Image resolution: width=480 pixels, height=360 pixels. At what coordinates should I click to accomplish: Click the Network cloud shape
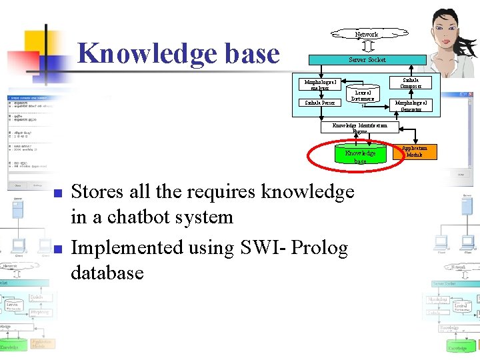[x=367, y=34]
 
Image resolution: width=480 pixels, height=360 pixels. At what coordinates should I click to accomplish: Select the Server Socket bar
[x=367, y=59]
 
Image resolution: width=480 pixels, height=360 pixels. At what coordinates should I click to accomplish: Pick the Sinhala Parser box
[x=320, y=103]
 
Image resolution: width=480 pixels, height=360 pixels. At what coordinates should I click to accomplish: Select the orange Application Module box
[x=414, y=152]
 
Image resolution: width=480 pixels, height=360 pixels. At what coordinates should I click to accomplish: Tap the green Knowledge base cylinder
[x=360, y=156]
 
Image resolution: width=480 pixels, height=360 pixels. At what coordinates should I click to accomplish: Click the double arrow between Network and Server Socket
[x=367, y=46]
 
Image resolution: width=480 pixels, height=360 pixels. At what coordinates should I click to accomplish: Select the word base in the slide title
[x=247, y=54]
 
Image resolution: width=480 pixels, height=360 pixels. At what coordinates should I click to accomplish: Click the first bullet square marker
[x=57, y=194]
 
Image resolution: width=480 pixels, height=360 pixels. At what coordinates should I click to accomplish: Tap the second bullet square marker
[x=57, y=250]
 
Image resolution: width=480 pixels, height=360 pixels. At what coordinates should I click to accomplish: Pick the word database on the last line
[x=107, y=273]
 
